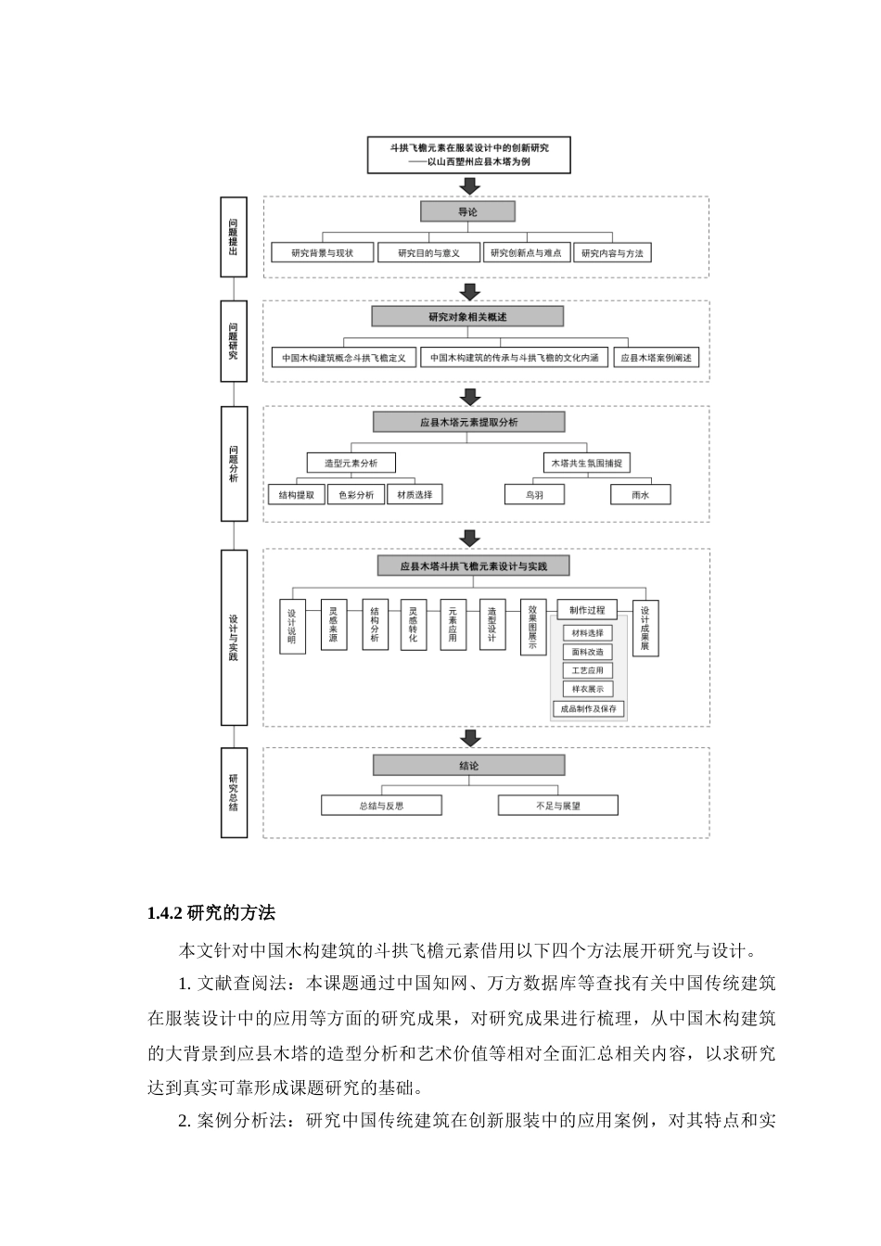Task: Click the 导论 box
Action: pyautogui.click(x=467, y=212)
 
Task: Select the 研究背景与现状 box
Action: pyautogui.click(x=323, y=253)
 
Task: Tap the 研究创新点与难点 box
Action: pyautogui.click(x=526, y=253)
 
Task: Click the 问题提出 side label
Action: pyautogui.click(x=234, y=236)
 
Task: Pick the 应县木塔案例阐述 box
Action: pyautogui.click(x=657, y=358)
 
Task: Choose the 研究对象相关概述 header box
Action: pyautogui.click(x=467, y=317)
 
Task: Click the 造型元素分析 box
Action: pyautogui.click(x=351, y=463)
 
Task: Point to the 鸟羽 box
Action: pyautogui.click(x=534, y=495)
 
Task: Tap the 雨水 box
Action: pyautogui.click(x=640, y=495)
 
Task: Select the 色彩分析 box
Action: pyautogui.click(x=356, y=495)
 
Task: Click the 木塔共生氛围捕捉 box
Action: pyautogui.click(x=586, y=463)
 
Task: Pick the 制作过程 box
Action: pyautogui.click(x=587, y=610)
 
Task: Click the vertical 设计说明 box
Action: pyautogui.click(x=292, y=627)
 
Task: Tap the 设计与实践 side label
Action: pyautogui.click(x=234, y=637)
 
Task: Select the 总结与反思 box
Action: pyautogui.click(x=381, y=806)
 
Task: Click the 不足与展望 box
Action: pyautogui.click(x=557, y=806)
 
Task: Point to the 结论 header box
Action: pyautogui.click(x=468, y=766)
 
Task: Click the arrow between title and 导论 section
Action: pyautogui.click(x=470, y=185)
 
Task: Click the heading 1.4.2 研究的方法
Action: pyautogui.click(x=211, y=913)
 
